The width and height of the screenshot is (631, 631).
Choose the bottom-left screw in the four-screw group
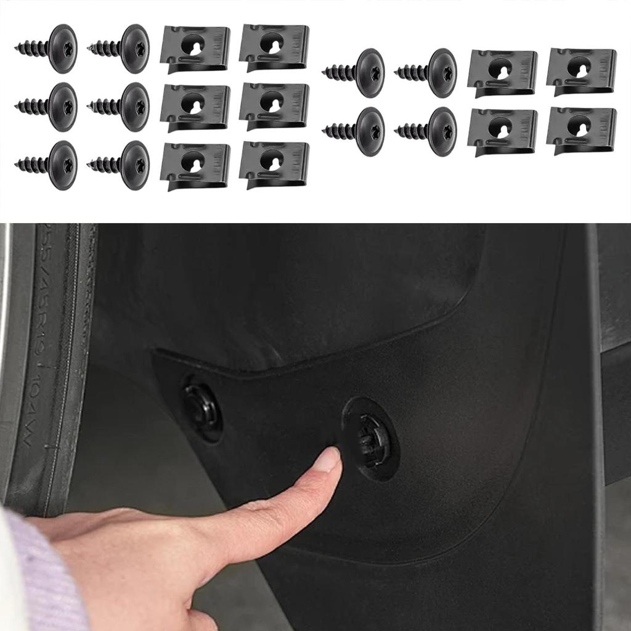[355, 131]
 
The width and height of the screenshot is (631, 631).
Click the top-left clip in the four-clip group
[502, 72]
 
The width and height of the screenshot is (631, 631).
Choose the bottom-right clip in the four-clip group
[581, 129]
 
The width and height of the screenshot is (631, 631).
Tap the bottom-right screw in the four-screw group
[428, 131]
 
